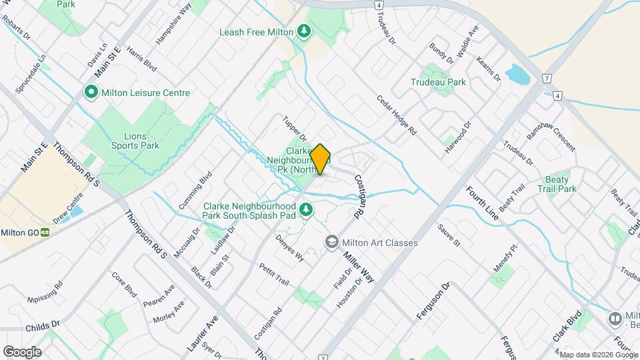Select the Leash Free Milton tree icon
(x=304, y=31)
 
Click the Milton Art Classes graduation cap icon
(x=331, y=243)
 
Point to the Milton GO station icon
(x=45, y=232)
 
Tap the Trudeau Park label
(x=438, y=82)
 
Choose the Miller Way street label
(x=359, y=266)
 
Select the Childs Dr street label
(x=42, y=327)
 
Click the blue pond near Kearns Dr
(x=518, y=75)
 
